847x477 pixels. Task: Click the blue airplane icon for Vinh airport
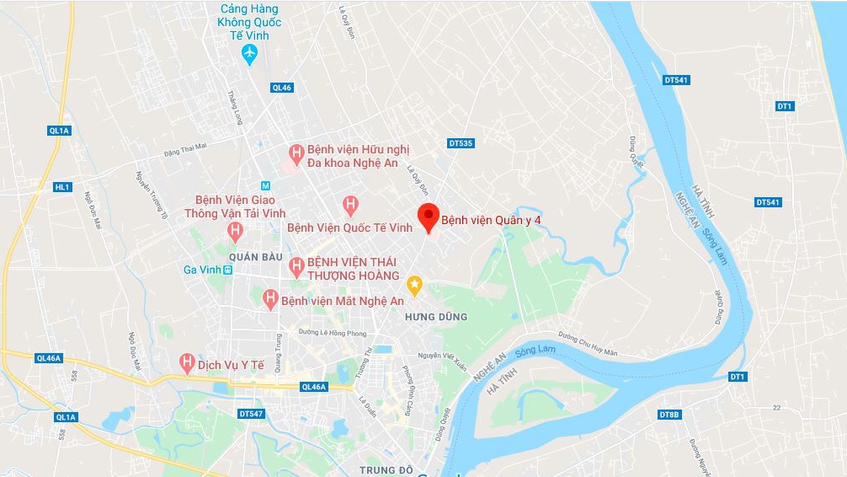coord(249,55)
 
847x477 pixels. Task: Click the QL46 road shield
coord(281,88)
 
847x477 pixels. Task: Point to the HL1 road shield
coord(62,187)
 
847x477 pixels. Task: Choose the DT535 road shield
coord(461,143)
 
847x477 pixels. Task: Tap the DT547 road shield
coord(251,414)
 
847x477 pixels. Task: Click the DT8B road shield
coord(669,415)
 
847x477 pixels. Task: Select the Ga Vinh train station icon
coord(227,270)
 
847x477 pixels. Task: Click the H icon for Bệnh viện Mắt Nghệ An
coord(270,298)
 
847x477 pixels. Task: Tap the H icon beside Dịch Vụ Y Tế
coord(188,363)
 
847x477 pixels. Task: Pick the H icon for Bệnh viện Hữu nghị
coord(296,153)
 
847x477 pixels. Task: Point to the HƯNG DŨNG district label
coord(435,317)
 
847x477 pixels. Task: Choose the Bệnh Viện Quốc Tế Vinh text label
coord(349,228)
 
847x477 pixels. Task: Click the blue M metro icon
coord(265,185)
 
